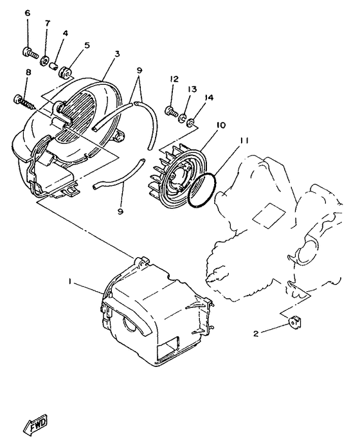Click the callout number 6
click(28, 13)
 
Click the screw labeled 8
click(21, 100)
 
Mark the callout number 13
click(192, 89)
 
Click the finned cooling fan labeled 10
click(178, 175)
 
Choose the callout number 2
click(256, 333)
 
